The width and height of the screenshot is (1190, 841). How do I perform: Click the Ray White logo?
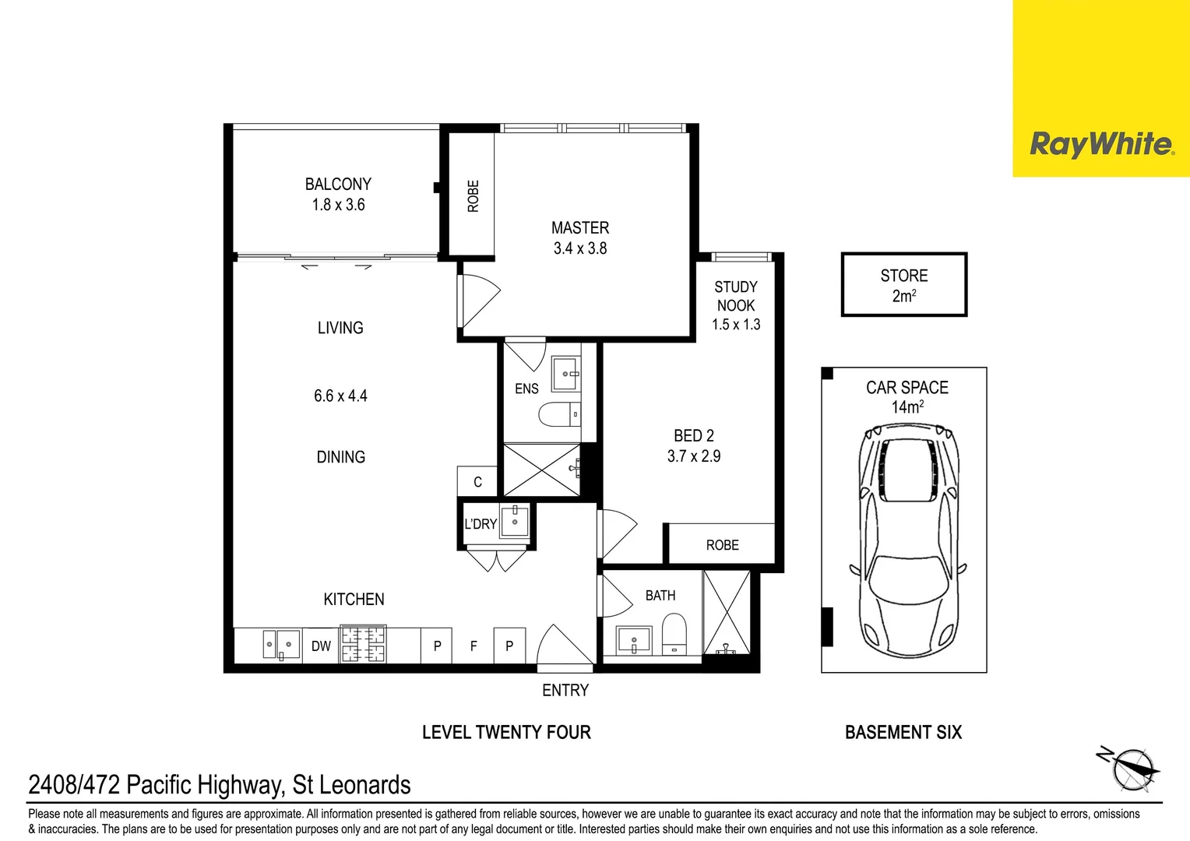pyautogui.click(x=1100, y=144)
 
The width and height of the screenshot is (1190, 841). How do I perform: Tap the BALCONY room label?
pyautogui.click(x=338, y=185)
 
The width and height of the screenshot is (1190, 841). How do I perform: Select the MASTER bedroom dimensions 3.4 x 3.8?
pyautogui.click(x=580, y=248)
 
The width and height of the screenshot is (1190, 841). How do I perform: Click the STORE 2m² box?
pyautogui.click(x=904, y=285)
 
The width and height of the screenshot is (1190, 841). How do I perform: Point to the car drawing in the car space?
pyautogui.click(x=908, y=540)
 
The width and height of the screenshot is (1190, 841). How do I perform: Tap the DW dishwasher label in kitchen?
pyautogui.click(x=321, y=646)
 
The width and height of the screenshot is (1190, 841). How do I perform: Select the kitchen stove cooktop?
pyautogui.click(x=363, y=645)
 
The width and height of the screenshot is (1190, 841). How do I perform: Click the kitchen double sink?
pyautogui.click(x=280, y=645)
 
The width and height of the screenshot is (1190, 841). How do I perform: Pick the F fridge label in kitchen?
pyautogui.click(x=474, y=646)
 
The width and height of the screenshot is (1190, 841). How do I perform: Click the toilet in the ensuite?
pyautogui.click(x=559, y=414)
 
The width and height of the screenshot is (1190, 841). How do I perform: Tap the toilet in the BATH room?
pyautogui.click(x=674, y=634)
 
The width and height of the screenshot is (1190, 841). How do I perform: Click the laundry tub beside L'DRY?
pyautogui.click(x=514, y=521)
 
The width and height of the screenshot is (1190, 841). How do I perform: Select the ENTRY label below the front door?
pyautogui.click(x=565, y=691)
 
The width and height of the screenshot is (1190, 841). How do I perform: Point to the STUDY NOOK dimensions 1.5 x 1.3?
pyautogui.click(x=736, y=325)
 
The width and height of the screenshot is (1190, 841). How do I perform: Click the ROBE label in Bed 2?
pyautogui.click(x=722, y=545)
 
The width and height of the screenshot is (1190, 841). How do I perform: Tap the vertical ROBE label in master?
pyautogui.click(x=473, y=196)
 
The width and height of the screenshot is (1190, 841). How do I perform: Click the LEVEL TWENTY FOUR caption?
pyautogui.click(x=506, y=733)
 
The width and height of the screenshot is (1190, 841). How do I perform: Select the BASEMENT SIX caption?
pyautogui.click(x=903, y=733)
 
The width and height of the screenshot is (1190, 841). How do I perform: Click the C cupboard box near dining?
pyautogui.click(x=477, y=482)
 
